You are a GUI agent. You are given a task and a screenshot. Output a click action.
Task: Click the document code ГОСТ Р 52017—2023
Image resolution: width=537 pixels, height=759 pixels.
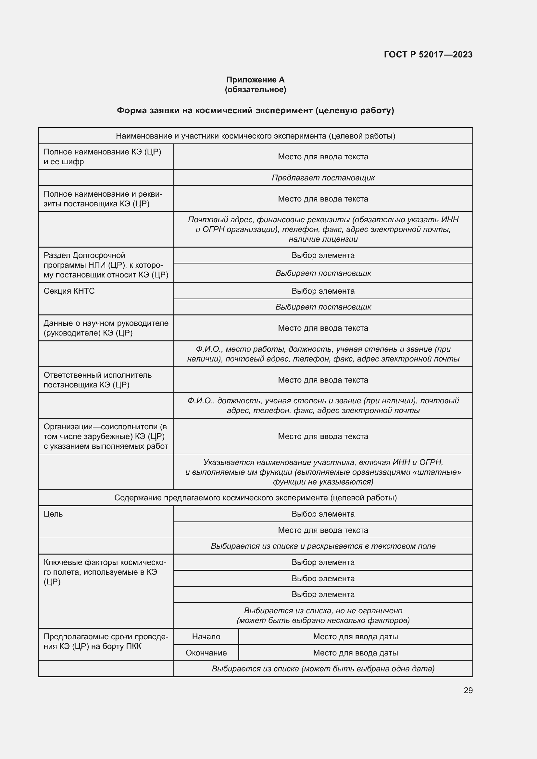point(428,55)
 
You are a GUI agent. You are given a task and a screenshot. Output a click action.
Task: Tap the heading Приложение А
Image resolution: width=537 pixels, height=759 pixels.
point(255,80)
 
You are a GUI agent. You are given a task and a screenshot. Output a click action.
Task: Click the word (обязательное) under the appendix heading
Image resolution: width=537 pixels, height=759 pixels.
point(255,90)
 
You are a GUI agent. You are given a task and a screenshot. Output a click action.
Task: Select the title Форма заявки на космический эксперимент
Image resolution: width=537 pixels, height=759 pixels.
point(255,110)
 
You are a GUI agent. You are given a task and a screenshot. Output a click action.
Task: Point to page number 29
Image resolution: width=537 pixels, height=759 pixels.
point(468,690)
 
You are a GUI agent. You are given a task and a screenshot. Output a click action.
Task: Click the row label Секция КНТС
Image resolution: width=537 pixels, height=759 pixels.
point(69,291)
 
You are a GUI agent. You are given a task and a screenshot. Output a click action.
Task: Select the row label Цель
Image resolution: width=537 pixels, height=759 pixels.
point(53,514)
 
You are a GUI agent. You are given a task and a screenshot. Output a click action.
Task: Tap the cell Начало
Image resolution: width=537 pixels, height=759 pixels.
point(206,636)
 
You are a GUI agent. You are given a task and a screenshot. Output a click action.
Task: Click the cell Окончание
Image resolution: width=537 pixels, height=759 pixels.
point(206,653)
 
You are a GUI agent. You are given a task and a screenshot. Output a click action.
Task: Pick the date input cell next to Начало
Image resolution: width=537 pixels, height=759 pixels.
point(356,636)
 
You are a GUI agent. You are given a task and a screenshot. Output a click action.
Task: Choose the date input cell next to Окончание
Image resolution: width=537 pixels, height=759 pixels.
point(356,653)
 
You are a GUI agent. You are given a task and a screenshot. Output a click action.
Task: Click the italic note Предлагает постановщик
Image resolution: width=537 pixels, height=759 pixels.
point(323,178)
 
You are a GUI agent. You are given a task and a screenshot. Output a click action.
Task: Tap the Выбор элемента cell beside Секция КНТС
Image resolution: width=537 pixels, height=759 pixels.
point(323,291)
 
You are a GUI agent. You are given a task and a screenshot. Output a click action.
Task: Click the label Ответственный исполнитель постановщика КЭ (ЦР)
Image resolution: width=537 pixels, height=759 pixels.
point(97,380)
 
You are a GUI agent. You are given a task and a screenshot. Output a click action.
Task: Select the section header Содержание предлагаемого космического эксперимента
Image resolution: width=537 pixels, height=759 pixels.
point(255,497)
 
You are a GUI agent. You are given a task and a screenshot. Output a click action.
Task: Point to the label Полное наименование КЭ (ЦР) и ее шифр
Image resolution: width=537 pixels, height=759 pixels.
point(102,157)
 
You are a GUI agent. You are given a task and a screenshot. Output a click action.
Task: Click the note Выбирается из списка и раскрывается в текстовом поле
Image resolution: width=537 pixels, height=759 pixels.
point(323,546)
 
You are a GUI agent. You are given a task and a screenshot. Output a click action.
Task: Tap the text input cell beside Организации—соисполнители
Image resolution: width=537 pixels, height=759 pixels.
point(323,436)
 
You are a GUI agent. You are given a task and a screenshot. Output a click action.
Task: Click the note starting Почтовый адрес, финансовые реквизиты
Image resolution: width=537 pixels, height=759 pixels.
point(323,229)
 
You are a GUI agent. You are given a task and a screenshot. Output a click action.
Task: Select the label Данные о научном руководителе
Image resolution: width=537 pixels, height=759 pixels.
point(106,328)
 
